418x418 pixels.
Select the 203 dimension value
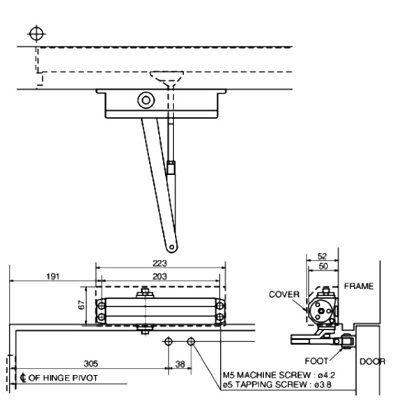(x=160, y=277)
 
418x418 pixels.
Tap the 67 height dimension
(x=81, y=305)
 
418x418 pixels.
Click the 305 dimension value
(x=91, y=364)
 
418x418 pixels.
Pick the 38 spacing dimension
(x=180, y=364)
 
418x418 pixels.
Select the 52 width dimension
(x=322, y=257)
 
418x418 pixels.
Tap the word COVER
(x=284, y=294)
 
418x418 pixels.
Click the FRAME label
(x=359, y=286)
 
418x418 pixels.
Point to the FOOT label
(x=317, y=362)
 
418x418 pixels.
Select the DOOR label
(x=372, y=362)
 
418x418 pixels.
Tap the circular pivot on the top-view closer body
(x=146, y=100)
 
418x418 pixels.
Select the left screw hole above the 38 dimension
(x=168, y=341)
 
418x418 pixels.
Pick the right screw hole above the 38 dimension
(x=192, y=341)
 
